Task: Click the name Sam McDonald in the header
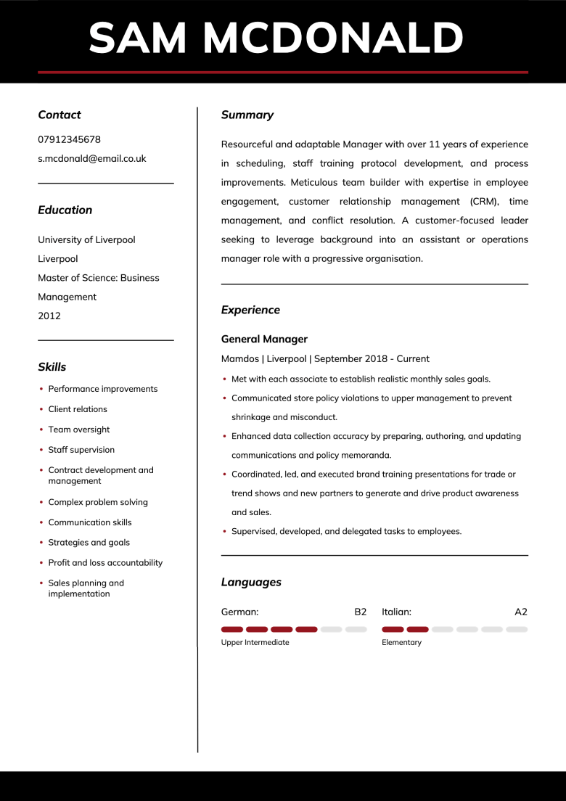coord(276,38)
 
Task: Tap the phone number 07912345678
coord(69,139)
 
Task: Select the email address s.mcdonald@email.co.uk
coord(92,158)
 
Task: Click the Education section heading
coord(65,210)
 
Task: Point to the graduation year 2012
coord(49,316)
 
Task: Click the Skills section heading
coord(52,367)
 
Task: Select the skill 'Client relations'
coord(78,409)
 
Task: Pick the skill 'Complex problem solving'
coord(98,502)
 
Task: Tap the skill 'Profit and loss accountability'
coord(105,563)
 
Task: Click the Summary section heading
coord(247,115)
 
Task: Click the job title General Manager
coord(264,339)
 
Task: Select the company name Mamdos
coord(239,358)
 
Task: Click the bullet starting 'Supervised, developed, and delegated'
coord(346,531)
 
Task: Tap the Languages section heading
coord(251,582)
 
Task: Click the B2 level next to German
coord(361,612)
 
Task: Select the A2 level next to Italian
coord(521,612)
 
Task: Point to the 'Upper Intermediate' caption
coord(255,642)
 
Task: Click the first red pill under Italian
coord(393,629)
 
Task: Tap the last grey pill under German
coord(356,629)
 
